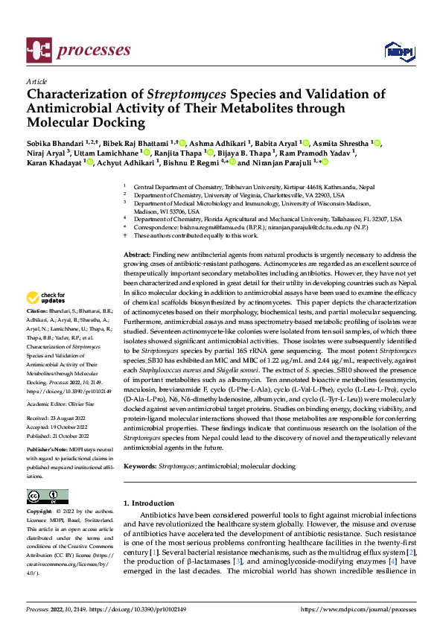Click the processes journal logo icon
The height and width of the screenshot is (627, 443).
(38, 50)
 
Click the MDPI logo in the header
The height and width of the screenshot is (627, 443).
(396, 51)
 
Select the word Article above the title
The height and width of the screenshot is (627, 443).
(36, 81)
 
